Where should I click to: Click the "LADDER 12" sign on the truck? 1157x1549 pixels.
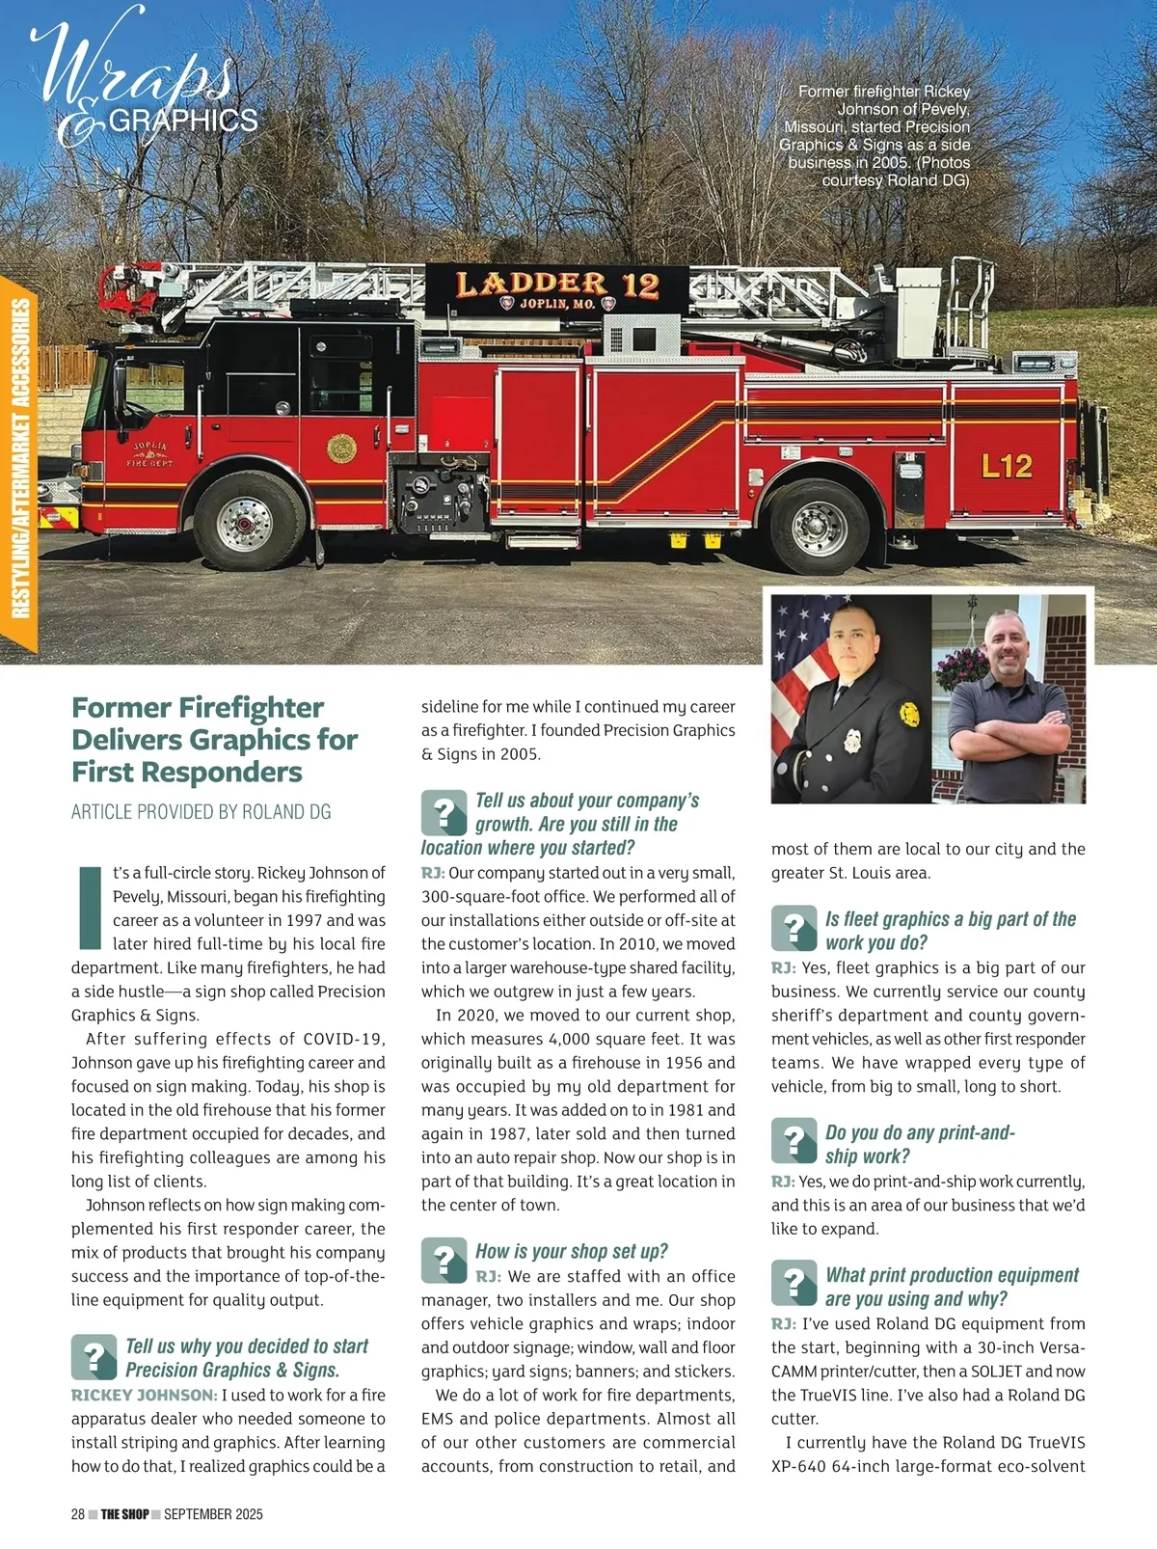tap(556, 285)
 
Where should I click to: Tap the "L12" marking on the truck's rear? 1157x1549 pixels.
tap(1007, 467)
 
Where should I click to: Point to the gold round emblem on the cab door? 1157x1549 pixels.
tap(341, 448)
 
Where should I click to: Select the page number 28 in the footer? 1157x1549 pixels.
tap(78, 1514)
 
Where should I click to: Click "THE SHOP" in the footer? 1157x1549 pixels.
tap(125, 1514)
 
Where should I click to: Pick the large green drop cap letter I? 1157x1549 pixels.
tap(89, 908)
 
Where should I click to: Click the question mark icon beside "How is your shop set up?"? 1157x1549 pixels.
tap(444, 1261)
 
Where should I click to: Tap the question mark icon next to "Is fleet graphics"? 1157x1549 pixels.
tap(794, 929)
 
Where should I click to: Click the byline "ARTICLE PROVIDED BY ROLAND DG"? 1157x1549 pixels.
tap(201, 812)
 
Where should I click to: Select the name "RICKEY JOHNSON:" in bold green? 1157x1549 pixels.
tap(144, 1395)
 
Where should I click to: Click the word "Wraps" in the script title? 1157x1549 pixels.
tap(135, 68)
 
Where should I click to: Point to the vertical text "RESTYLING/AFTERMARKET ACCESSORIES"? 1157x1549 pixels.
tap(20, 459)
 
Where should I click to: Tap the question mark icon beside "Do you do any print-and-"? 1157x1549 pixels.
tap(794, 1142)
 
